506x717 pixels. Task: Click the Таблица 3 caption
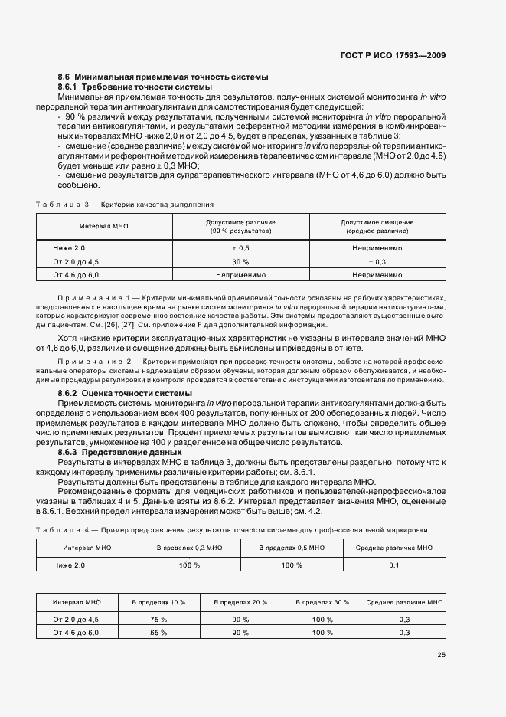(x=125, y=205)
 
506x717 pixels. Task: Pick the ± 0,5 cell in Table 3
(x=240, y=248)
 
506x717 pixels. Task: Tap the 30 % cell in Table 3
(x=240, y=261)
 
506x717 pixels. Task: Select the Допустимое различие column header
(x=240, y=226)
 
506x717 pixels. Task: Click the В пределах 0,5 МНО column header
(x=292, y=548)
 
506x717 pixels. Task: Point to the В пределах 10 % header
(x=158, y=603)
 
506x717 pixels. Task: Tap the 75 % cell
(x=158, y=619)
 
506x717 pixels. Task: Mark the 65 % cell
(x=158, y=633)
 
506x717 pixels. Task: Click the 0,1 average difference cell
(x=393, y=565)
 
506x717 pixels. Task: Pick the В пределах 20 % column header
(x=240, y=603)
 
